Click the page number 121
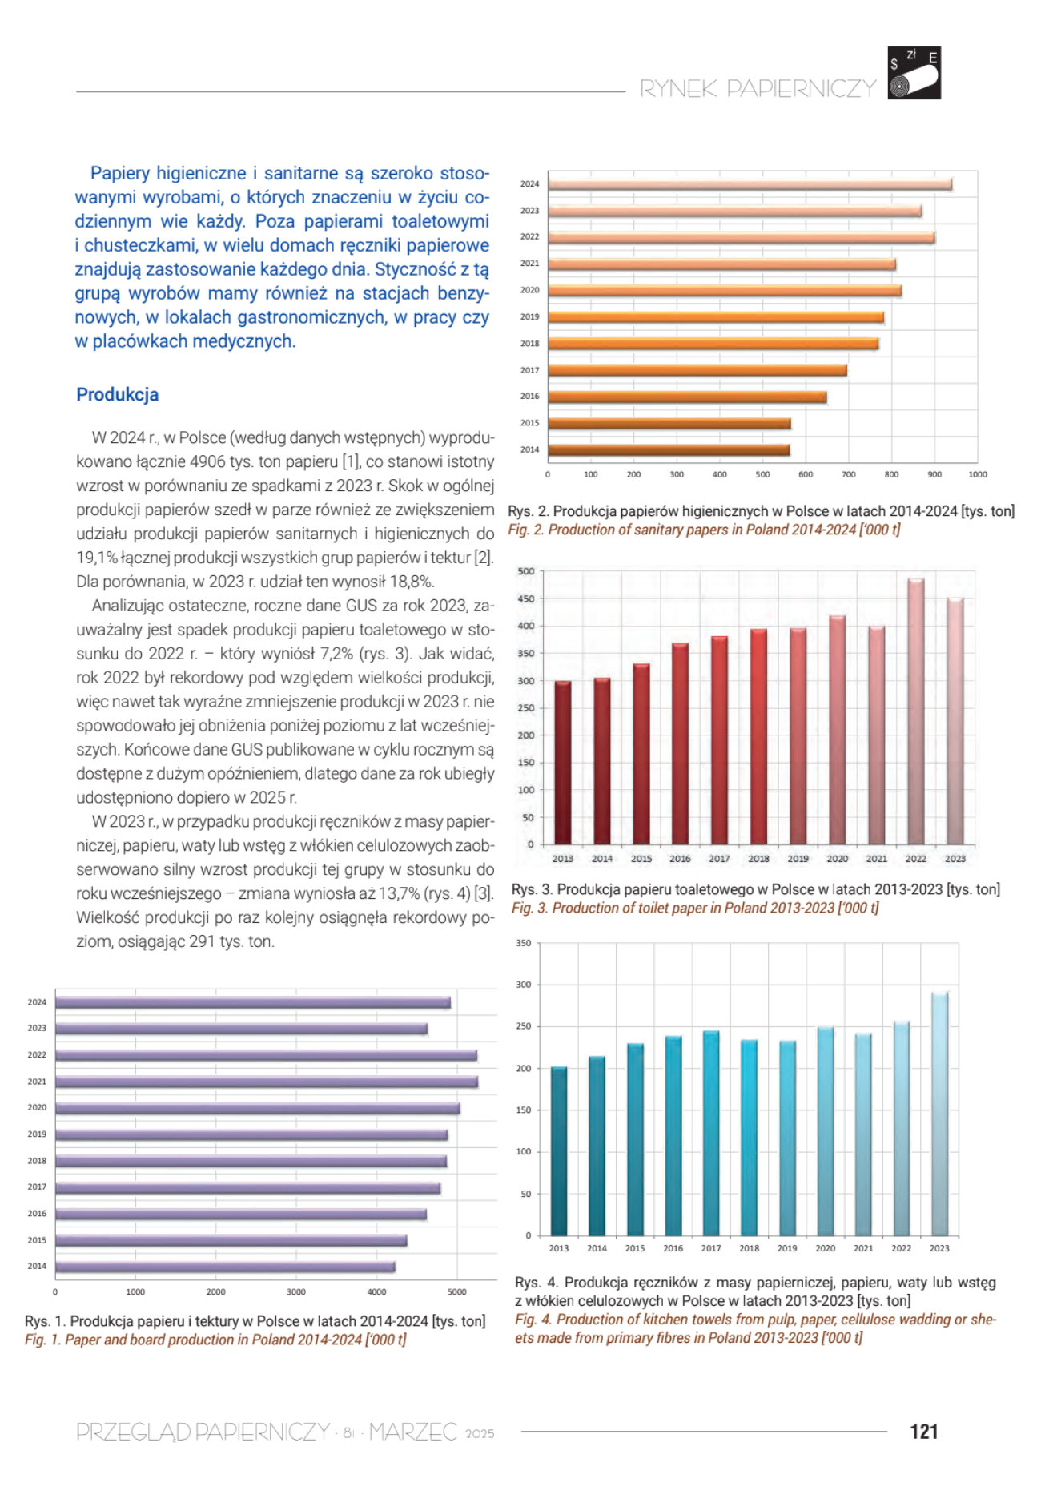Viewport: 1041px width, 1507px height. pyautogui.click(x=923, y=1431)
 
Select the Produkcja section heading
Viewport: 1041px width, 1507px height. pyautogui.click(x=117, y=394)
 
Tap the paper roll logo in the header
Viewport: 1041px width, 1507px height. pyautogui.click(x=914, y=73)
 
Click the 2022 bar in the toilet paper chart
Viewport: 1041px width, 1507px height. pyautogui.click(x=915, y=711)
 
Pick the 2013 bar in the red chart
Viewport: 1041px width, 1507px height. pyautogui.click(x=563, y=763)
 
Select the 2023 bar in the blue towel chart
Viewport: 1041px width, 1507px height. pyautogui.click(x=939, y=1114)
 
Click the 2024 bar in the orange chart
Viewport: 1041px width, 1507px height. pyautogui.click(x=750, y=184)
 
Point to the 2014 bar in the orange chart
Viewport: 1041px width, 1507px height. pyautogui.click(x=669, y=449)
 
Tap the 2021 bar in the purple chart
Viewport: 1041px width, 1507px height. pyautogui.click(x=267, y=1082)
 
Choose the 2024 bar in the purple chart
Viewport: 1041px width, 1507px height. pyautogui.click(x=253, y=1002)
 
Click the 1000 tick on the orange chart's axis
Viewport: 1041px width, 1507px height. pyautogui.click(x=978, y=474)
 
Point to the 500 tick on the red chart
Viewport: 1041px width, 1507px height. pyautogui.click(x=525, y=571)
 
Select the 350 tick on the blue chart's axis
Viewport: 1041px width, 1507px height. pyautogui.click(x=523, y=943)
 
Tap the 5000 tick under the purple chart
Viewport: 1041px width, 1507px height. pyautogui.click(x=456, y=1291)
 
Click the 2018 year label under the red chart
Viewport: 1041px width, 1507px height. pyautogui.click(x=758, y=858)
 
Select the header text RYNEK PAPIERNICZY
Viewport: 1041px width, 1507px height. pyautogui.click(x=758, y=88)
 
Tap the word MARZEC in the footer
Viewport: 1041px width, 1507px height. pyautogui.click(x=412, y=1432)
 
